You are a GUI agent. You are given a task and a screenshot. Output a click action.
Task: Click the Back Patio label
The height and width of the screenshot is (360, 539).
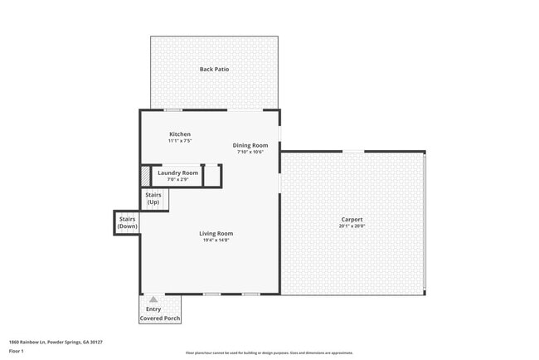point(214,69)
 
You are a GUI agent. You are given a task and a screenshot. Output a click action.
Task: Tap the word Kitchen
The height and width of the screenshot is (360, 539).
point(180,134)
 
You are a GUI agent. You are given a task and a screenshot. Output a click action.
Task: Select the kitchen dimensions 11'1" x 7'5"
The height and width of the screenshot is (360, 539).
point(180,142)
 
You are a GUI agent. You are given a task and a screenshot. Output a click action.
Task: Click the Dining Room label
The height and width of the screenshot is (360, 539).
point(250,145)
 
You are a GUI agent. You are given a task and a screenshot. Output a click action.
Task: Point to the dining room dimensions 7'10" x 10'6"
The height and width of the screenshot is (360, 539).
point(250,153)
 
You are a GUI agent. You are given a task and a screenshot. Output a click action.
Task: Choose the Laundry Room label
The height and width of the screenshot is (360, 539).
point(177,173)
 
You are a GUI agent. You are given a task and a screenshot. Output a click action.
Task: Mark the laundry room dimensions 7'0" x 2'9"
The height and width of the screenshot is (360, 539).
point(177,179)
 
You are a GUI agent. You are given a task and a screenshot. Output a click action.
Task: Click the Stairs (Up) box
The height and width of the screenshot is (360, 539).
point(153,199)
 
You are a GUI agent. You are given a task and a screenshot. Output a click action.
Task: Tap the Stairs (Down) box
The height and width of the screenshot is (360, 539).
point(127,222)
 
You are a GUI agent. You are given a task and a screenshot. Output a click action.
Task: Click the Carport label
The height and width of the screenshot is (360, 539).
point(352,219)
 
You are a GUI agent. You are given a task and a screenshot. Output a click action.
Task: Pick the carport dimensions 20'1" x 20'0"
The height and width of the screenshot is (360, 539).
point(352,226)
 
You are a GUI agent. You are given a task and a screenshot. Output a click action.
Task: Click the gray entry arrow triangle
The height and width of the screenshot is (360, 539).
point(153,299)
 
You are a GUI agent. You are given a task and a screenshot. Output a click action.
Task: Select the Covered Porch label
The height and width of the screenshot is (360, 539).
point(159,319)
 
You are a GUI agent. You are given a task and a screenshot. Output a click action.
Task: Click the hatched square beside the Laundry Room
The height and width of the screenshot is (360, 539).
point(145,177)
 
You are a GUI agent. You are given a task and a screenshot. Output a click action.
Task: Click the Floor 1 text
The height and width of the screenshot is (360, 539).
point(17,351)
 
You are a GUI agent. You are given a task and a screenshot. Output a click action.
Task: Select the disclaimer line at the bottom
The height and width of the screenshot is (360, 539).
point(269,353)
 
